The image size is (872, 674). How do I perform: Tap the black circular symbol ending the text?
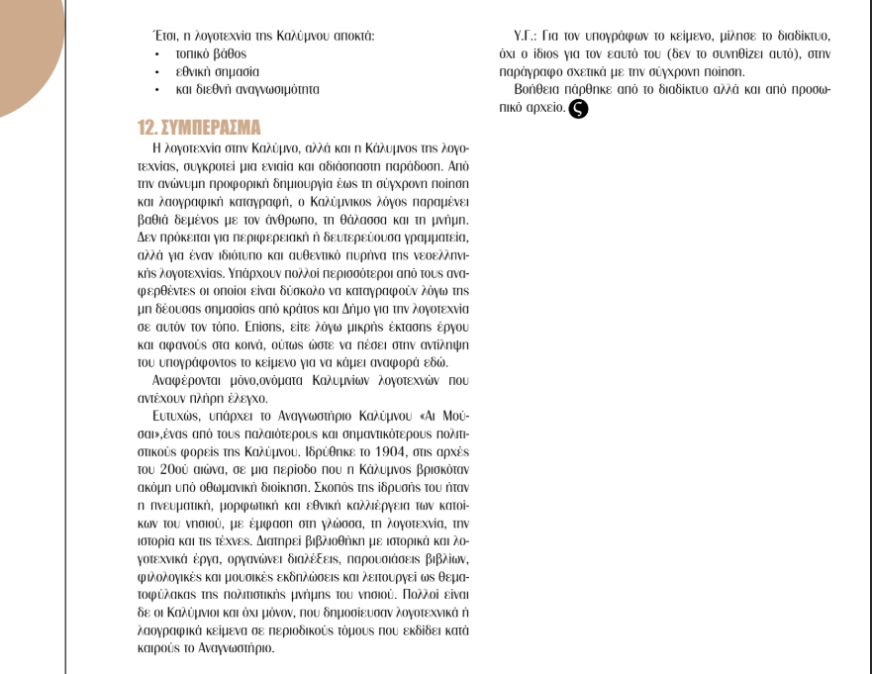coord(577,108)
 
